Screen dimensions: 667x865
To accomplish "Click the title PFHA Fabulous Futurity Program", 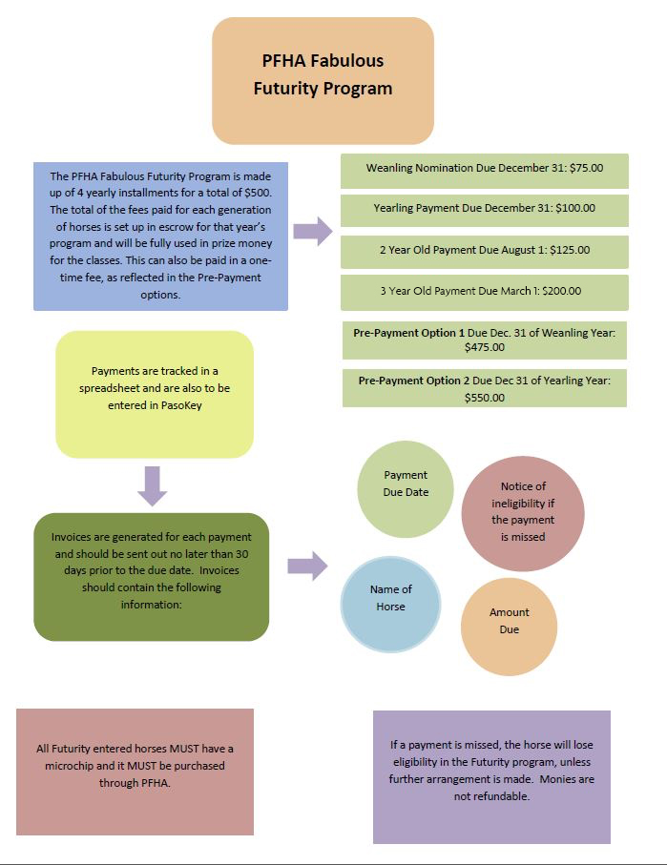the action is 323,74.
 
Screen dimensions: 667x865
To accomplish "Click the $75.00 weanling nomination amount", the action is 587,168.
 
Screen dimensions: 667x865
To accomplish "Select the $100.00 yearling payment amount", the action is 575,208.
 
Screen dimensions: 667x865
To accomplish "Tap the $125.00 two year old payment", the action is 570,250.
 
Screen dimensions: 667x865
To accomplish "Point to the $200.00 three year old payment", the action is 561,291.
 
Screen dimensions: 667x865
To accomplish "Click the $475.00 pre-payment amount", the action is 484,347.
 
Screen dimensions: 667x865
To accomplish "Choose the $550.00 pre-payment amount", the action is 484,398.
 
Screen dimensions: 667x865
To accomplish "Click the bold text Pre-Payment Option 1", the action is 408,333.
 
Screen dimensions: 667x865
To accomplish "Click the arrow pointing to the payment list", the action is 313,231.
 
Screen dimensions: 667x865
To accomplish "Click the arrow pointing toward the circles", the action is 307,566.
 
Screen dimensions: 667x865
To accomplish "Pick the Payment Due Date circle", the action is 406,489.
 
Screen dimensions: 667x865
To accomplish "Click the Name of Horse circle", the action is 390,604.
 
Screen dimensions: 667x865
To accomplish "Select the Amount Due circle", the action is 509,627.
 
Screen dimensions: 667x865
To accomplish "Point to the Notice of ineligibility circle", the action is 523,514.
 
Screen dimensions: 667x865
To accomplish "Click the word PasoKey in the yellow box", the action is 181,405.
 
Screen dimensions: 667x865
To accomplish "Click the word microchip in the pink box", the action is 70,766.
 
